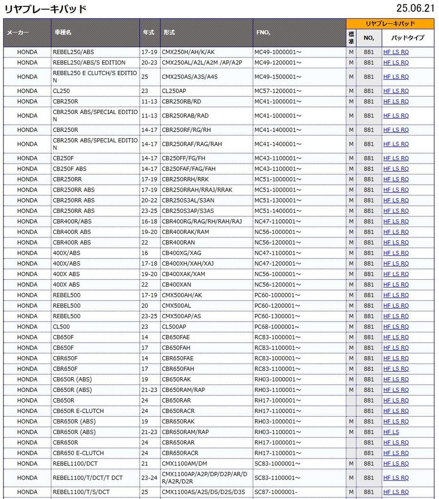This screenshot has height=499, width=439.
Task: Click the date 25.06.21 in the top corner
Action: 415,8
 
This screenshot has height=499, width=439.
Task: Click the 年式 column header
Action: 148,33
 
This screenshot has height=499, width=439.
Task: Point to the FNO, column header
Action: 263,33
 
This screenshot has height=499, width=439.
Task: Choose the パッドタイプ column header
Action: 408,38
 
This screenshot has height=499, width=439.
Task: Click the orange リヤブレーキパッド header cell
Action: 390,23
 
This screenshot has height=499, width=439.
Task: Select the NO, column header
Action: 369,38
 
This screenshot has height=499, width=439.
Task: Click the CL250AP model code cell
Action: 174,91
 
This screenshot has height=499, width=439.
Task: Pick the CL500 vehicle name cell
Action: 61,327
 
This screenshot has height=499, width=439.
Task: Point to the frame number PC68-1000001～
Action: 277,327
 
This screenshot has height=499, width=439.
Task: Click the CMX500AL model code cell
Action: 176,306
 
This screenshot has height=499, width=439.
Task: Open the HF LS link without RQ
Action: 391,432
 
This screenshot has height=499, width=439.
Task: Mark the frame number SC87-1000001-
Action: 276,492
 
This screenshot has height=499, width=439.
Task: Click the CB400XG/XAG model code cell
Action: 181,253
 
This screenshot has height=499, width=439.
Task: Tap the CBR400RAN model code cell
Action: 178,243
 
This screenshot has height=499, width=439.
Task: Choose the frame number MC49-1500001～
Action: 278,77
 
